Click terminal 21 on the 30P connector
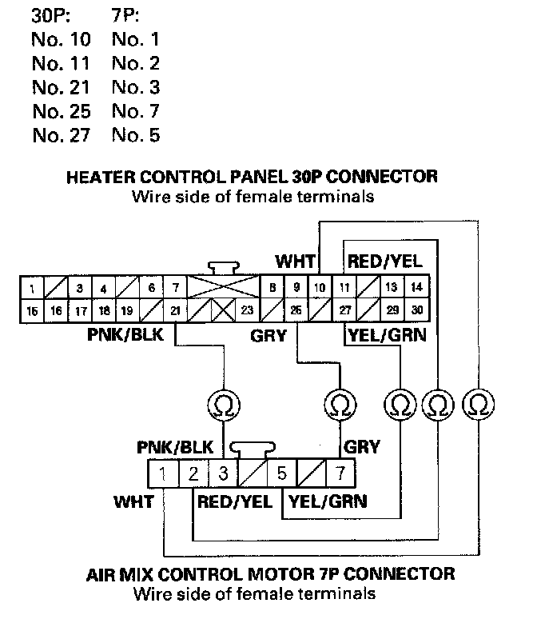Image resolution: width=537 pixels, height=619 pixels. point(175,311)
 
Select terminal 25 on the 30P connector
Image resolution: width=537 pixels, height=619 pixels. point(296,311)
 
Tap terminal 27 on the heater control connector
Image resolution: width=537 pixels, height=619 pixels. point(344,311)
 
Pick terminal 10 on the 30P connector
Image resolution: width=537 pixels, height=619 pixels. point(320,287)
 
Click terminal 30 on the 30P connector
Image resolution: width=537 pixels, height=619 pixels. point(417,311)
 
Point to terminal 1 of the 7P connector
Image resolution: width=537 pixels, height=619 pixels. point(163,473)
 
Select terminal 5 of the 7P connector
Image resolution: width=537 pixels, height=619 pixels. point(282,473)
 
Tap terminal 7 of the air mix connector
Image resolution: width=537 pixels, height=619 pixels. point(341,473)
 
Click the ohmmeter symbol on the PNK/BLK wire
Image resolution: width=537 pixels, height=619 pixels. point(224,405)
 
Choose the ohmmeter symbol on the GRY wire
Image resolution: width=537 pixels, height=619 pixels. point(340,405)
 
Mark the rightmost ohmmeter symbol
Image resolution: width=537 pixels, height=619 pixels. point(478,404)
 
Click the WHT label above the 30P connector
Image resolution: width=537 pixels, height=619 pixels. point(296,262)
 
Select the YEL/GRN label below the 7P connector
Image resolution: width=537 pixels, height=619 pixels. point(328,501)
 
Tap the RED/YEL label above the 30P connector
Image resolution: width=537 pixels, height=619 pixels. point(384,262)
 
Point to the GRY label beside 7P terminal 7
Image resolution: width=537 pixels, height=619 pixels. point(362,447)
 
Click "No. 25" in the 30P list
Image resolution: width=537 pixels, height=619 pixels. point(62,111)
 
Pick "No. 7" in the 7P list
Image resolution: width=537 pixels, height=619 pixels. point(136,111)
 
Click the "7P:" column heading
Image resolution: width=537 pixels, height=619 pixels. point(125,16)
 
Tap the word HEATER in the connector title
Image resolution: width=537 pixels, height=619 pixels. point(100,177)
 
